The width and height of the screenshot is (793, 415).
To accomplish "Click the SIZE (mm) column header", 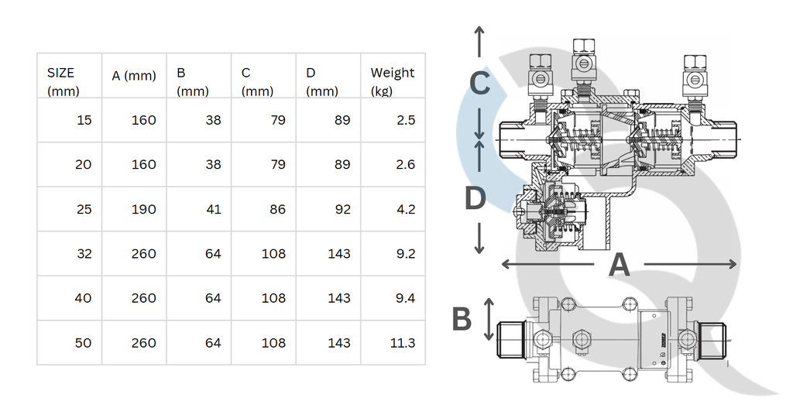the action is [64, 82].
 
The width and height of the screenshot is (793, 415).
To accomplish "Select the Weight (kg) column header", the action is [393, 82].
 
